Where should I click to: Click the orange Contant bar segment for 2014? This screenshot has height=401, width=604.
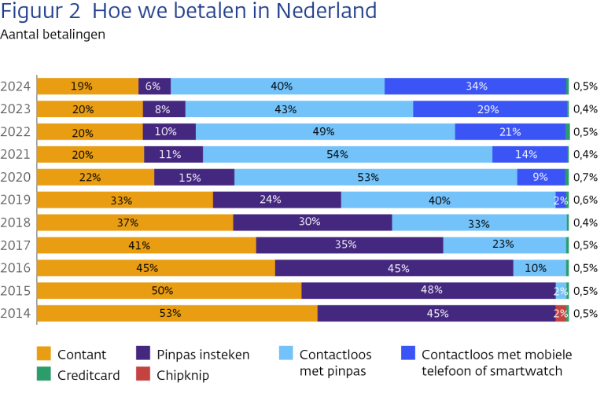(x=177, y=313)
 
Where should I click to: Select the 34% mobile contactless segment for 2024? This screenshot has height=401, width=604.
(x=476, y=86)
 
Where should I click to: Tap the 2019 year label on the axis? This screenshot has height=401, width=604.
(x=16, y=200)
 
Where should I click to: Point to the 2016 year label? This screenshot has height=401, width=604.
(x=16, y=268)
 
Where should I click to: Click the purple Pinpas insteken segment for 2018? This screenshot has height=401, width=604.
(x=312, y=223)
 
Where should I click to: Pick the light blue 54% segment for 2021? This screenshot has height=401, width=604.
(x=348, y=154)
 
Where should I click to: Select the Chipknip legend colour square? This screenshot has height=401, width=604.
(x=143, y=375)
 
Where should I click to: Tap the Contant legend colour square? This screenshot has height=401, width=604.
(x=44, y=355)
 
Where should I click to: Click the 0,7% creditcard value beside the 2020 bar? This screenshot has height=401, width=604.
(x=585, y=177)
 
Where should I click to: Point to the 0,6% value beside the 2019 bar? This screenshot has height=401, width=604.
(x=585, y=200)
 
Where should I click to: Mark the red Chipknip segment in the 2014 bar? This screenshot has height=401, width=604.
(x=561, y=313)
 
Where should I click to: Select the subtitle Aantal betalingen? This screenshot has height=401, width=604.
(x=53, y=34)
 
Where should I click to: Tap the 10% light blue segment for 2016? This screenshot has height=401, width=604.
(x=540, y=268)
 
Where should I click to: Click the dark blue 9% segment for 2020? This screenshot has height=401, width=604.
(x=541, y=177)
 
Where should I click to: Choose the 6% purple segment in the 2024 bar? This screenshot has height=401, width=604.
(x=154, y=86)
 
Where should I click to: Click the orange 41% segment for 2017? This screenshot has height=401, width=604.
(x=146, y=245)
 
